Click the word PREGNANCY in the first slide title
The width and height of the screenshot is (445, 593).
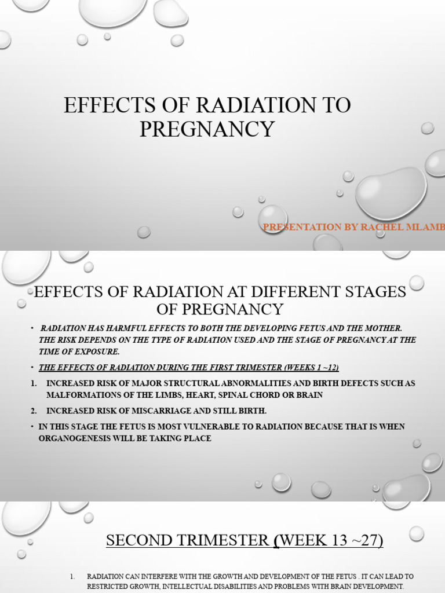(x=207, y=129)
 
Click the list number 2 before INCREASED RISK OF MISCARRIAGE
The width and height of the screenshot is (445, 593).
(x=34, y=411)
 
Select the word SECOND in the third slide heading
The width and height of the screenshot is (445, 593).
(x=140, y=540)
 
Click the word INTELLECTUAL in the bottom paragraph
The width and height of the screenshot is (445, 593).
(x=172, y=586)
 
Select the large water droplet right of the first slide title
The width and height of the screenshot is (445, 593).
(x=391, y=193)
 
